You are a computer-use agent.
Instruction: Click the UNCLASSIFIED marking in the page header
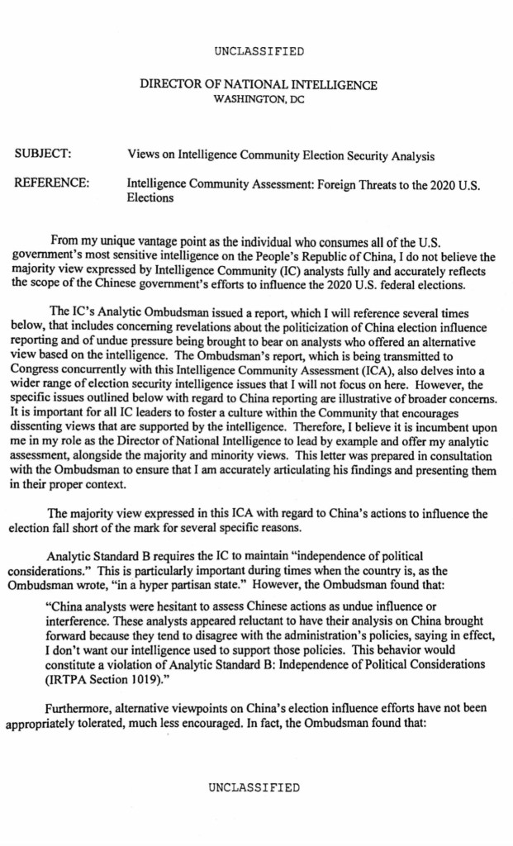point(259,51)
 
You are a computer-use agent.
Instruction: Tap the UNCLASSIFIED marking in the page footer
point(254,787)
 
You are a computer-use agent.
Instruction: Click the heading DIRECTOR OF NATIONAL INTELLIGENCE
point(259,85)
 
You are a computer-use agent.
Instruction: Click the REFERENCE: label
point(52,183)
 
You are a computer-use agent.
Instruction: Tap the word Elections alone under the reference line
point(150,198)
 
